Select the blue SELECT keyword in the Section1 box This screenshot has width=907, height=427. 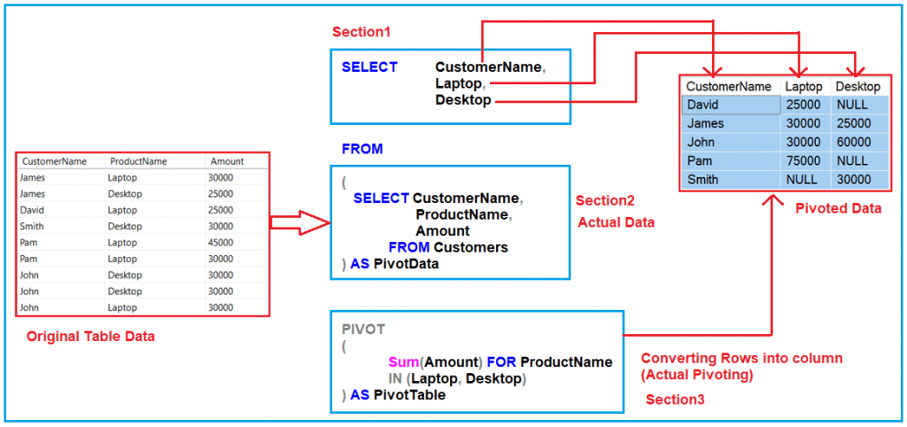click(369, 67)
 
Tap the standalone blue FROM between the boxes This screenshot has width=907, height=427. click(362, 149)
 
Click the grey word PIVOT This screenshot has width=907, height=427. click(363, 329)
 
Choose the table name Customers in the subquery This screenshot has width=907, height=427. click(470, 247)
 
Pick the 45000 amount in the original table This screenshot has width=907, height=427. click(221, 242)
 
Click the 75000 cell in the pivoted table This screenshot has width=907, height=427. click(802, 160)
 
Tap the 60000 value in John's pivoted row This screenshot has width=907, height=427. click(853, 142)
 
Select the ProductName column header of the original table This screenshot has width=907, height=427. click(137, 161)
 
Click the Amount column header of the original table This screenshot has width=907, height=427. click(226, 161)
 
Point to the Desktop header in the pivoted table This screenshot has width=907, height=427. click(857, 87)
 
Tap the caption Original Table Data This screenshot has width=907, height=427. click(91, 337)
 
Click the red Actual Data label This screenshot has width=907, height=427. click(616, 222)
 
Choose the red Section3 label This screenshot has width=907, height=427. click(675, 400)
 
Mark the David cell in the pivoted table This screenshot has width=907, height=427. click(703, 105)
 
